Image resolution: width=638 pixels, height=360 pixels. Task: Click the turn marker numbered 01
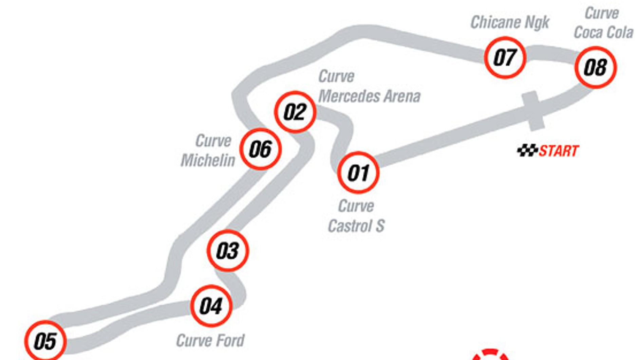pyautogui.click(x=358, y=173)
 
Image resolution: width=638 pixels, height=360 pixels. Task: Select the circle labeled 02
pyautogui.click(x=295, y=112)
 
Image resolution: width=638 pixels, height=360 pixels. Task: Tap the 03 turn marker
pyautogui.click(x=228, y=251)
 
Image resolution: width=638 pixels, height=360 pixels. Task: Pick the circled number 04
pyautogui.click(x=211, y=306)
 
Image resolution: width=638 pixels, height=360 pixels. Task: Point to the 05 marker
pyautogui.click(x=45, y=341)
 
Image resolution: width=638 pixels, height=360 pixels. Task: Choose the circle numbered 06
pyautogui.click(x=261, y=149)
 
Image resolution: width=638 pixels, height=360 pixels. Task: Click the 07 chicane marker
pyautogui.click(x=505, y=57)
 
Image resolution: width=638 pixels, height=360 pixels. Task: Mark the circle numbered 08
pyautogui.click(x=596, y=67)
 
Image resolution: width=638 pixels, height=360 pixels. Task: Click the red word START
pyautogui.click(x=559, y=151)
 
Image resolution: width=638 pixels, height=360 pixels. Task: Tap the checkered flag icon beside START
pyautogui.click(x=528, y=150)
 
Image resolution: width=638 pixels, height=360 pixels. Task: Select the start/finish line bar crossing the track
pyautogui.click(x=533, y=111)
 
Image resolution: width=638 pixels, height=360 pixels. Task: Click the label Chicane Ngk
pyautogui.click(x=510, y=23)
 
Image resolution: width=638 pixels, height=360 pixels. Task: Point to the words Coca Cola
pyautogui.click(x=603, y=33)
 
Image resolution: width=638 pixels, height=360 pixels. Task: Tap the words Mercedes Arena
pyautogui.click(x=370, y=96)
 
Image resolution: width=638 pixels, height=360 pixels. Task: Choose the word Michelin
pyautogui.click(x=208, y=160)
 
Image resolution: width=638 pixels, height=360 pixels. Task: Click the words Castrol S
pyautogui.click(x=356, y=226)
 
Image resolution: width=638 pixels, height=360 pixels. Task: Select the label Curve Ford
pyautogui.click(x=210, y=341)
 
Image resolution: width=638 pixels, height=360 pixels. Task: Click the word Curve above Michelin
pyautogui.click(x=213, y=141)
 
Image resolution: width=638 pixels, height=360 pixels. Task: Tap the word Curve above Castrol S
pyautogui.click(x=356, y=206)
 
